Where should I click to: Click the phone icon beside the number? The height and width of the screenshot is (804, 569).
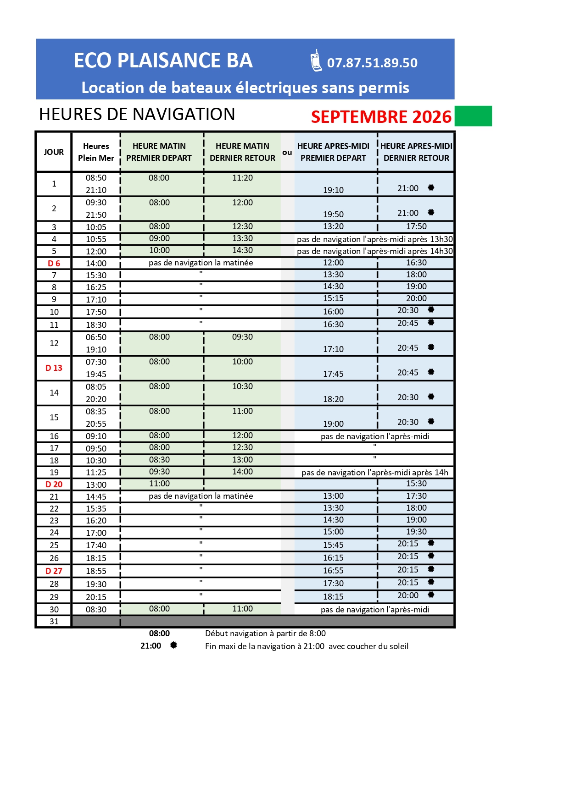(x=316, y=61)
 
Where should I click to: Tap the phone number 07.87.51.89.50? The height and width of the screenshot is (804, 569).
(x=372, y=63)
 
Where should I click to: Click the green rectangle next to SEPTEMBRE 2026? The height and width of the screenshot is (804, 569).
(x=473, y=116)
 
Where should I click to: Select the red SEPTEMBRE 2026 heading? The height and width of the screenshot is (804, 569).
(x=381, y=117)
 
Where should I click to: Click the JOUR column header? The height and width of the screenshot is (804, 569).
(x=54, y=152)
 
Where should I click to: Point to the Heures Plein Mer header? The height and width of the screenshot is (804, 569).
(x=96, y=152)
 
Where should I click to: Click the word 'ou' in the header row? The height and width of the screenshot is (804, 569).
(x=287, y=153)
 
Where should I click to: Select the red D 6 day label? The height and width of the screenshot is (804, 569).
(x=54, y=264)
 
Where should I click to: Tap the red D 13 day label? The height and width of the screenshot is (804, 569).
(x=54, y=368)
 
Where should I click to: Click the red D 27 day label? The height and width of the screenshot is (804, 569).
(x=54, y=571)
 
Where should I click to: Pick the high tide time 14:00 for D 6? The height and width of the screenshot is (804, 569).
(x=96, y=264)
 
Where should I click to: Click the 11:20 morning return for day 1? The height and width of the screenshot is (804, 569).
(x=242, y=178)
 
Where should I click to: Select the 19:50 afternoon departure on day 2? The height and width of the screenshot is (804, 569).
(x=333, y=215)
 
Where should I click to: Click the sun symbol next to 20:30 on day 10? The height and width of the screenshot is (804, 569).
(x=431, y=310)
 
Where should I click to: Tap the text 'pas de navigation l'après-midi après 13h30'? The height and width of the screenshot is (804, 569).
(x=374, y=239)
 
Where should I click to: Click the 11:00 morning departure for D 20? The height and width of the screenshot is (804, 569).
(x=159, y=484)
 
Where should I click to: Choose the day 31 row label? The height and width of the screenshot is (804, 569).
(x=54, y=622)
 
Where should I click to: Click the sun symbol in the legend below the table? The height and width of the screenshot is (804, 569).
(x=173, y=645)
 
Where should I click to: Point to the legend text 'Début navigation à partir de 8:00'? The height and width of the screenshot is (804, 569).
(x=265, y=633)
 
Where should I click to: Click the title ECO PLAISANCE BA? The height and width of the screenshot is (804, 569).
(x=163, y=61)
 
